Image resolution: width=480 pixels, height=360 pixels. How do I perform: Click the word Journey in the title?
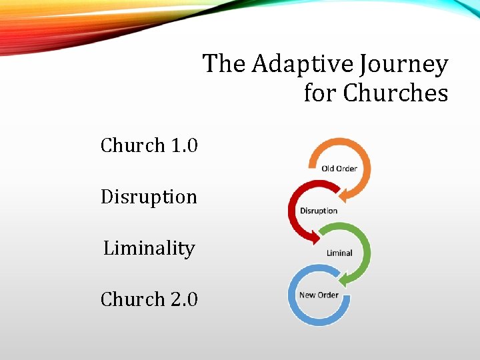(403, 65)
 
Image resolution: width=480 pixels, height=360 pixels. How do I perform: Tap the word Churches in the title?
(395, 93)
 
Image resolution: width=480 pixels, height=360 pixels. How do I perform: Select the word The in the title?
(225, 65)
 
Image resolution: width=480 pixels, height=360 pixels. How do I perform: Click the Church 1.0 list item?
(149, 145)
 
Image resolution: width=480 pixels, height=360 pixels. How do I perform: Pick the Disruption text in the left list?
(149, 197)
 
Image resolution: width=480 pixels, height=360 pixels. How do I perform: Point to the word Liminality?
(149, 248)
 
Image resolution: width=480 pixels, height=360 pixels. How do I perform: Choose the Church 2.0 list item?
(149, 299)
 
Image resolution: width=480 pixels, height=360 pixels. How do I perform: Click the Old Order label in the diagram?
(339, 169)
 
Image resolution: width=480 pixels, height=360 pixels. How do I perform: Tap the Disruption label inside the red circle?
(319, 211)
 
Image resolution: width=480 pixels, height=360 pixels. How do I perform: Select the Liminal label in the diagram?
(339, 253)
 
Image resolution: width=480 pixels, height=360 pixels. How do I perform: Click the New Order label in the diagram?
(319, 295)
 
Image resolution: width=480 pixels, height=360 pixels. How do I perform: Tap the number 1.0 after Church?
(184, 145)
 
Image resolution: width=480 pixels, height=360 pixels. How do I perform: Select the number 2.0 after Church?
(184, 299)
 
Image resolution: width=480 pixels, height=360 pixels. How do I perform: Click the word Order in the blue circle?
(328, 295)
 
